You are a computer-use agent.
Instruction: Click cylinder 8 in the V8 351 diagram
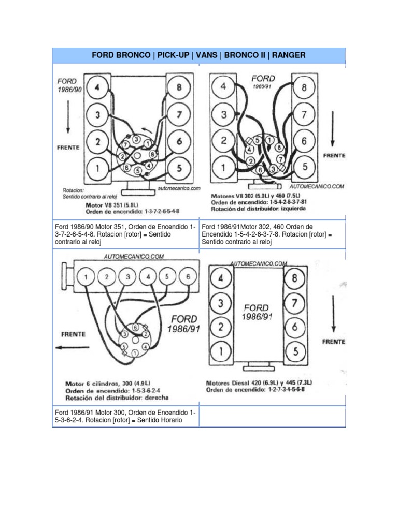pyautogui.click(x=179, y=88)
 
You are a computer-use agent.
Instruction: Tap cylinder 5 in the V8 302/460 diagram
pyautogui.click(x=305, y=167)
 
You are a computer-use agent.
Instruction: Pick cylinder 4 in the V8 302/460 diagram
pyautogui.click(x=223, y=87)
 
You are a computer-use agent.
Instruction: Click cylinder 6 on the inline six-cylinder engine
pyautogui.click(x=188, y=277)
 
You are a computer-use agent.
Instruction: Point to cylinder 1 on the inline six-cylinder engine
pyautogui.click(x=86, y=277)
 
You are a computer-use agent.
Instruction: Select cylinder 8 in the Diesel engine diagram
pyautogui.click(x=295, y=279)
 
